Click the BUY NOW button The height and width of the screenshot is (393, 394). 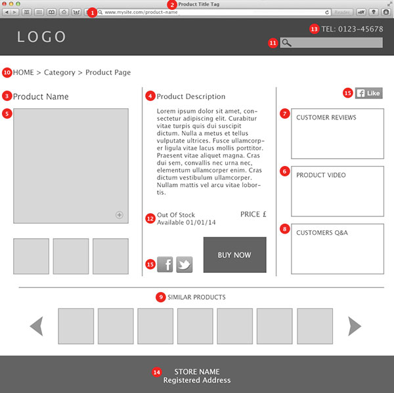[x=234, y=255]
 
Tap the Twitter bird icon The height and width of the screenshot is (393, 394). [x=185, y=264]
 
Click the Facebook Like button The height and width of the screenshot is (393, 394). [x=369, y=93]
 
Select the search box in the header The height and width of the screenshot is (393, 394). [x=332, y=43]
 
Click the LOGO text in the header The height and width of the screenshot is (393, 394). [x=42, y=37]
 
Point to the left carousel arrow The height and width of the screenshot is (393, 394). [x=37, y=326]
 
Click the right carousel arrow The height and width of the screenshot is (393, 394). [x=355, y=326]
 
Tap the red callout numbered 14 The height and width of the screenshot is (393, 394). [x=156, y=372]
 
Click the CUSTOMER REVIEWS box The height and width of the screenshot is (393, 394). [x=337, y=134]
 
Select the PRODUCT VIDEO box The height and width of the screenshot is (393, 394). [x=337, y=191]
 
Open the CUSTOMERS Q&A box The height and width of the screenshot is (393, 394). [x=337, y=249]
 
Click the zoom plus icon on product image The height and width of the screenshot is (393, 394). [x=120, y=215]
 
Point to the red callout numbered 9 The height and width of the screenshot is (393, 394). [x=161, y=297]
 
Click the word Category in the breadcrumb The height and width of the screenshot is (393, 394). [x=60, y=72]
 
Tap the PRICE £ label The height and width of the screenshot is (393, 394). [x=253, y=214]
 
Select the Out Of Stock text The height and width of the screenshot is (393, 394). [x=176, y=215]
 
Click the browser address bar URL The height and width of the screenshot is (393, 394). [x=141, y=12]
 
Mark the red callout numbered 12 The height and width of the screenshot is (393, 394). [x=150, y=218]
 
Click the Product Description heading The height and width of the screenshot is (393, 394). [x=191, y=96]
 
